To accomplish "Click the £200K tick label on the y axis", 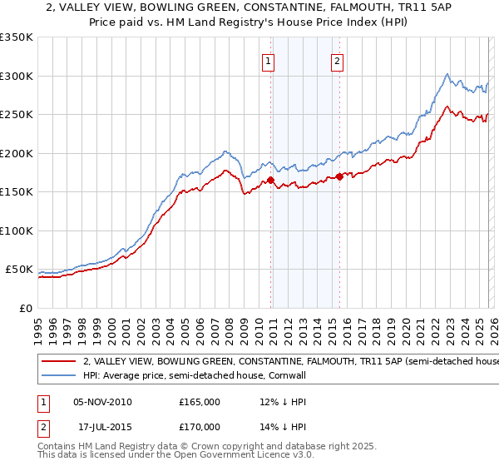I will (x=17, y=153).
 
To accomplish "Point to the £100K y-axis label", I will (x=17, y=231).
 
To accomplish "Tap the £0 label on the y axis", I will (x=26, y=308).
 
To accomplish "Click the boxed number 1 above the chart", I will (x=269, y=60).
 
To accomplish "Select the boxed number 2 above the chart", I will (x=338, y=60).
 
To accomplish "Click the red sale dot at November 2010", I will (x=270, y=180).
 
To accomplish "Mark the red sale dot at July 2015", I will (x=339, y=176).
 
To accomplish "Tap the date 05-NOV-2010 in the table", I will (x=102, y=402).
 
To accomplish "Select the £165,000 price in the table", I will (x=200, y=402).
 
